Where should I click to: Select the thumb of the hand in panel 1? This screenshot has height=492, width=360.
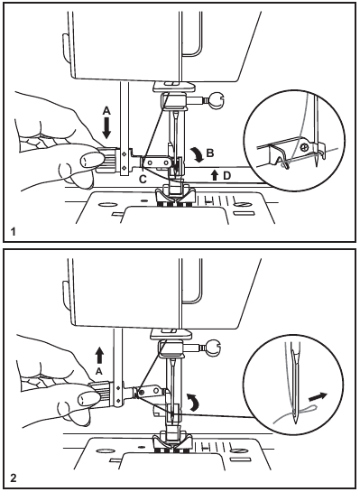[x=88, y=160]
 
